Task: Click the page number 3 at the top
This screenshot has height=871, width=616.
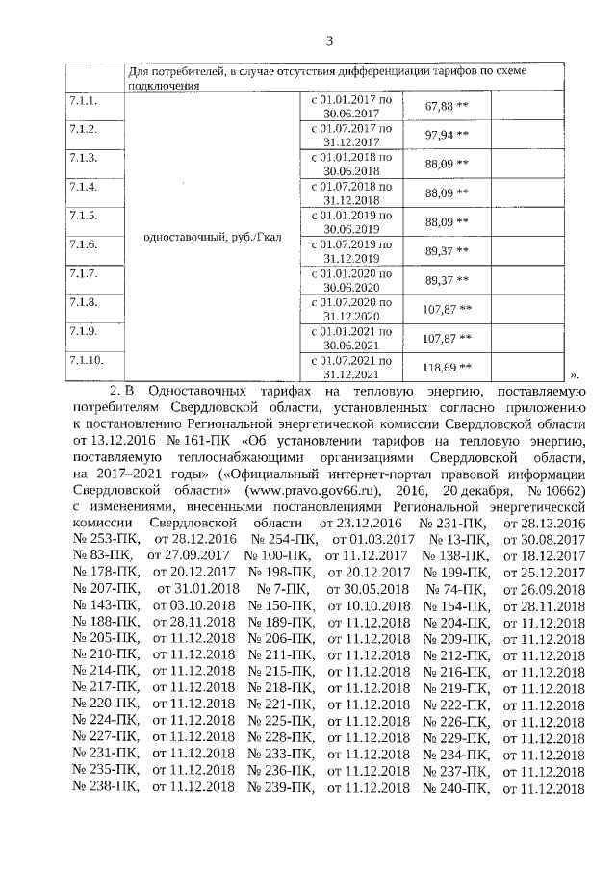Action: [x=329, y=40]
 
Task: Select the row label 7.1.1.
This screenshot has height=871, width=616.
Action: [x=83, y=100]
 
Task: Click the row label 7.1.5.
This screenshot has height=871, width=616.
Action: [x=83, y=216]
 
